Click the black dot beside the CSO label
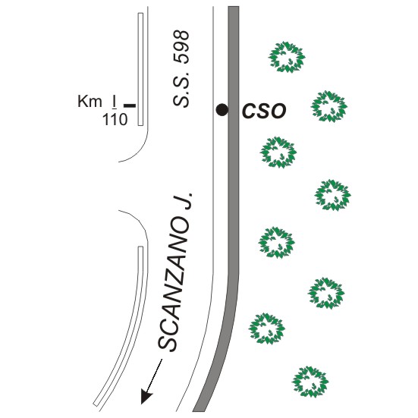click(x=222, y=109)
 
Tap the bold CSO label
click(x=264, y=112)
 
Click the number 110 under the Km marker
click(x=115, y=120)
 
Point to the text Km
click(x=90, y=102)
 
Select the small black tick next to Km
click(x=130, y=106)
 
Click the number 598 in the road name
click(x=181, y=47)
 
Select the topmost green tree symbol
click(x=287, y=57)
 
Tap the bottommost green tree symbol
click(x=310, y=382)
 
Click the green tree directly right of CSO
click(x=329, y=106)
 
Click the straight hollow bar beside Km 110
click(x=140, y=69)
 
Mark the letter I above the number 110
click(x=115, y=102)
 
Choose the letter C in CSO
click(x=248, y=112)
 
